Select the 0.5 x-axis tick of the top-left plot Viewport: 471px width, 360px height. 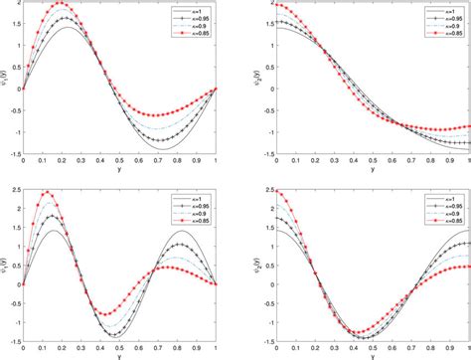click(119, 162)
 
